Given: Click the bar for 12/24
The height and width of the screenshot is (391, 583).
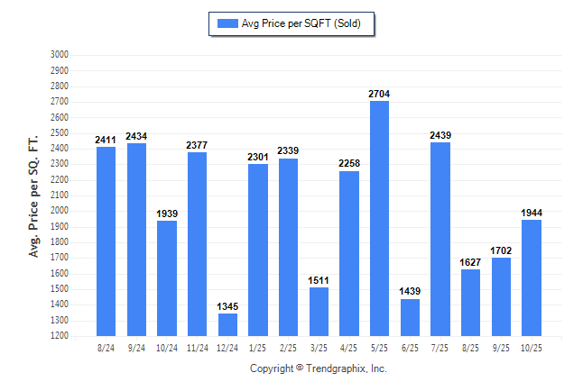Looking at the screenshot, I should coord(227,324).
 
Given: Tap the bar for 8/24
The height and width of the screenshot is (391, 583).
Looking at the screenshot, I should coord(106,241).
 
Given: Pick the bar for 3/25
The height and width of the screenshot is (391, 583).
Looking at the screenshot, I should coord(319,311).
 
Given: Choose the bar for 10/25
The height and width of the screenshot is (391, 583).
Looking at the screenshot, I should coord(532,277).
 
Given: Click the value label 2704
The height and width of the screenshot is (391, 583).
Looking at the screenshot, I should coord(379,94).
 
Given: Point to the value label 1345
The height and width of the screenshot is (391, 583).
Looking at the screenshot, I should coord(227,306).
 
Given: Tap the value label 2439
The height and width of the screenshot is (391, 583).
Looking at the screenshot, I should coord(440,135).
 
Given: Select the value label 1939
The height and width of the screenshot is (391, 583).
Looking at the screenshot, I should coord(167,214).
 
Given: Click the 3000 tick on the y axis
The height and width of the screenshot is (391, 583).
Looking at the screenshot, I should coord(60,55).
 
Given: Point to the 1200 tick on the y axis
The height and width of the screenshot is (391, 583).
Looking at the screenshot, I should coord(60,336).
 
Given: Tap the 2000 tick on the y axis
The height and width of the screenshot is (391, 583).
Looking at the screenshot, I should coord(60,211).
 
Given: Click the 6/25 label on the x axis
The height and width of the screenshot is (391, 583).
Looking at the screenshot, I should coord(410,347).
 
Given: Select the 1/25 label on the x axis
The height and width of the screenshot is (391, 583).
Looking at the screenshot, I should coord(257,347).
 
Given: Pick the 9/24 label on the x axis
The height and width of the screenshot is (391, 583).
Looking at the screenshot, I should coord(136,347).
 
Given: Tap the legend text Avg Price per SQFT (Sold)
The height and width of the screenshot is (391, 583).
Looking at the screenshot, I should coord(301,23).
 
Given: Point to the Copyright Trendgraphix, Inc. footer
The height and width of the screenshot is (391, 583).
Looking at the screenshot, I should coord(318,368).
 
